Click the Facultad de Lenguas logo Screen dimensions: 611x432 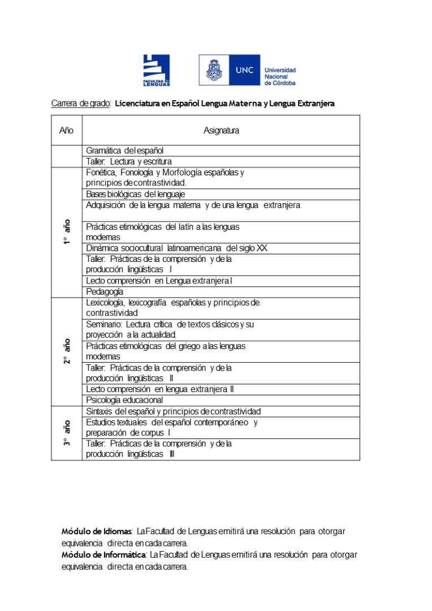156,70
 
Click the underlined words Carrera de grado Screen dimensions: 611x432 81,104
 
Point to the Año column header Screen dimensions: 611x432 66,131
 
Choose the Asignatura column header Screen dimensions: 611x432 221,131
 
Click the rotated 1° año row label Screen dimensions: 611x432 67,232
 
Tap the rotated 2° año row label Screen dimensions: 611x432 67,351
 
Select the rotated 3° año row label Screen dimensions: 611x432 67,433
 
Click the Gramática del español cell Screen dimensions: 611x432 125,150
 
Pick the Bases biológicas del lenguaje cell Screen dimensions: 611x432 136,194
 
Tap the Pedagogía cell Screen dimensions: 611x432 105,292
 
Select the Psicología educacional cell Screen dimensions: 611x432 124,400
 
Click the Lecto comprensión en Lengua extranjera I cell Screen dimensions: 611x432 159,281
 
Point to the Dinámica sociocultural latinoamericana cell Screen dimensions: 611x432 176,248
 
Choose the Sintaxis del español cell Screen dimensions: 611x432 173,411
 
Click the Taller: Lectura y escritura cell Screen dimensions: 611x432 129,162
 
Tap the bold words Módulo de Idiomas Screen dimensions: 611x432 97,531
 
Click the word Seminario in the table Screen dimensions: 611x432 104,324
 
